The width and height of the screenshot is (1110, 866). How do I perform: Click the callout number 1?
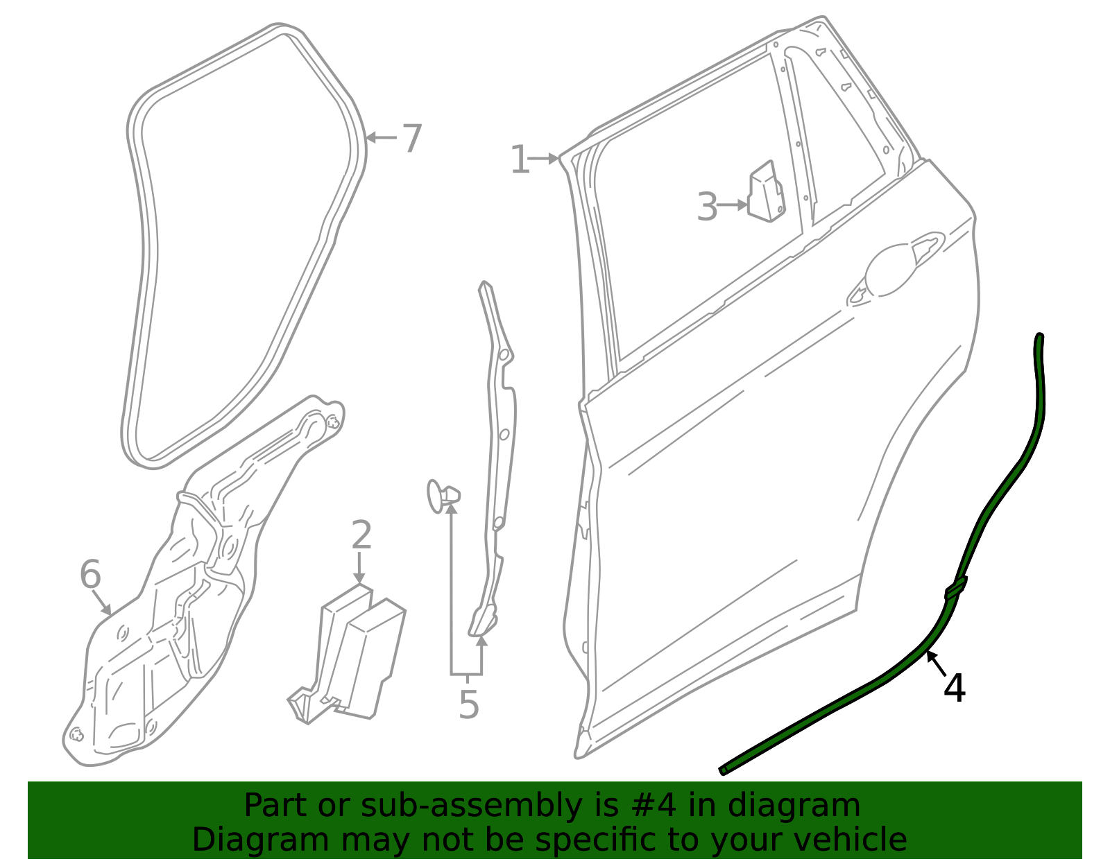[x=520, y=159]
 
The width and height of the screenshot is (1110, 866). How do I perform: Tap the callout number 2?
[x=361, y=535]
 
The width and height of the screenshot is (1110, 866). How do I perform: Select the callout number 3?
[x=707, y=207]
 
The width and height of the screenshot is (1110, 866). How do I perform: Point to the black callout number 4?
[x=954, y=689]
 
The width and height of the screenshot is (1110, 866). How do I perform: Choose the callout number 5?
[x=468, y=705]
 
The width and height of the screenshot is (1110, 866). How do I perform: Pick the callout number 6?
[x=90, y=574]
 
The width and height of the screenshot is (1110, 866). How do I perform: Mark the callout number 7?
[x=411, y=138]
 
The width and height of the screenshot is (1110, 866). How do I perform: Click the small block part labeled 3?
[x=766, y=191]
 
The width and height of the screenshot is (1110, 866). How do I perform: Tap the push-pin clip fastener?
[x=443, y=496]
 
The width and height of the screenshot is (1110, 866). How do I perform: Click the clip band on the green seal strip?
[x=956, y=589]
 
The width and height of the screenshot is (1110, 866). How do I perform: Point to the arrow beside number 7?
[x=381, y=138]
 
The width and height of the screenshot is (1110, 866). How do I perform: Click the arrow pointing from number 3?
[x=733, y=205]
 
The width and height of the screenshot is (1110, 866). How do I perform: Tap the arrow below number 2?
[x=359, y=567]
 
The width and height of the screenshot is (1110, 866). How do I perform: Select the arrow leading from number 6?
[x=102, y=603]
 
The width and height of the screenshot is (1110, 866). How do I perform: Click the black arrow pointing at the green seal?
[x=937, y=664]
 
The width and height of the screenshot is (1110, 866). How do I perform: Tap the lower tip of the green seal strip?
[x=722, y=770]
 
